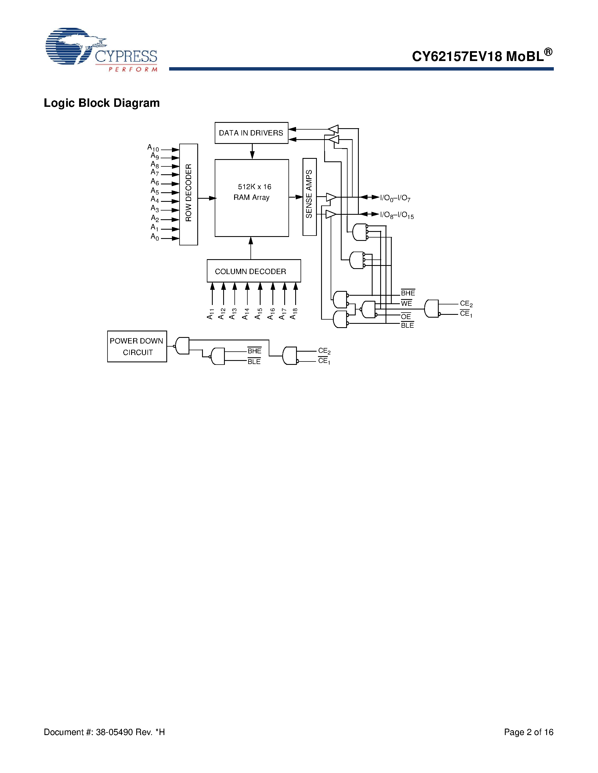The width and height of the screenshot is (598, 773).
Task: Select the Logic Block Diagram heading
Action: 102,103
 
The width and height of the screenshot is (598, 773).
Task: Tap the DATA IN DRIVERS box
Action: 251,133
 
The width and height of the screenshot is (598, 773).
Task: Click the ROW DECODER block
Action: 189,194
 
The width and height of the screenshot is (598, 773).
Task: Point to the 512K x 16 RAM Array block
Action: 252,198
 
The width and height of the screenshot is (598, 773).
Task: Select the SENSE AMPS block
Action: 309,196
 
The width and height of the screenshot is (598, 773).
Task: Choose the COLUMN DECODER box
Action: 254,271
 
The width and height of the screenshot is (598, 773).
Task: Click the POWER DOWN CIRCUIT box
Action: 137,347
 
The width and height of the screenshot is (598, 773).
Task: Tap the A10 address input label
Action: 153,148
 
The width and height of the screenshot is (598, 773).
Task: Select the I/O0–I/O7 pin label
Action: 395,198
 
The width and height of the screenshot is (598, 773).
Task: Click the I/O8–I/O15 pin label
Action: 397,215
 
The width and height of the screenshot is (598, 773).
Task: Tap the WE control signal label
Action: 406,303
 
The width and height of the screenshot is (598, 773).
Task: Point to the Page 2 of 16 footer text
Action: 528,732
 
